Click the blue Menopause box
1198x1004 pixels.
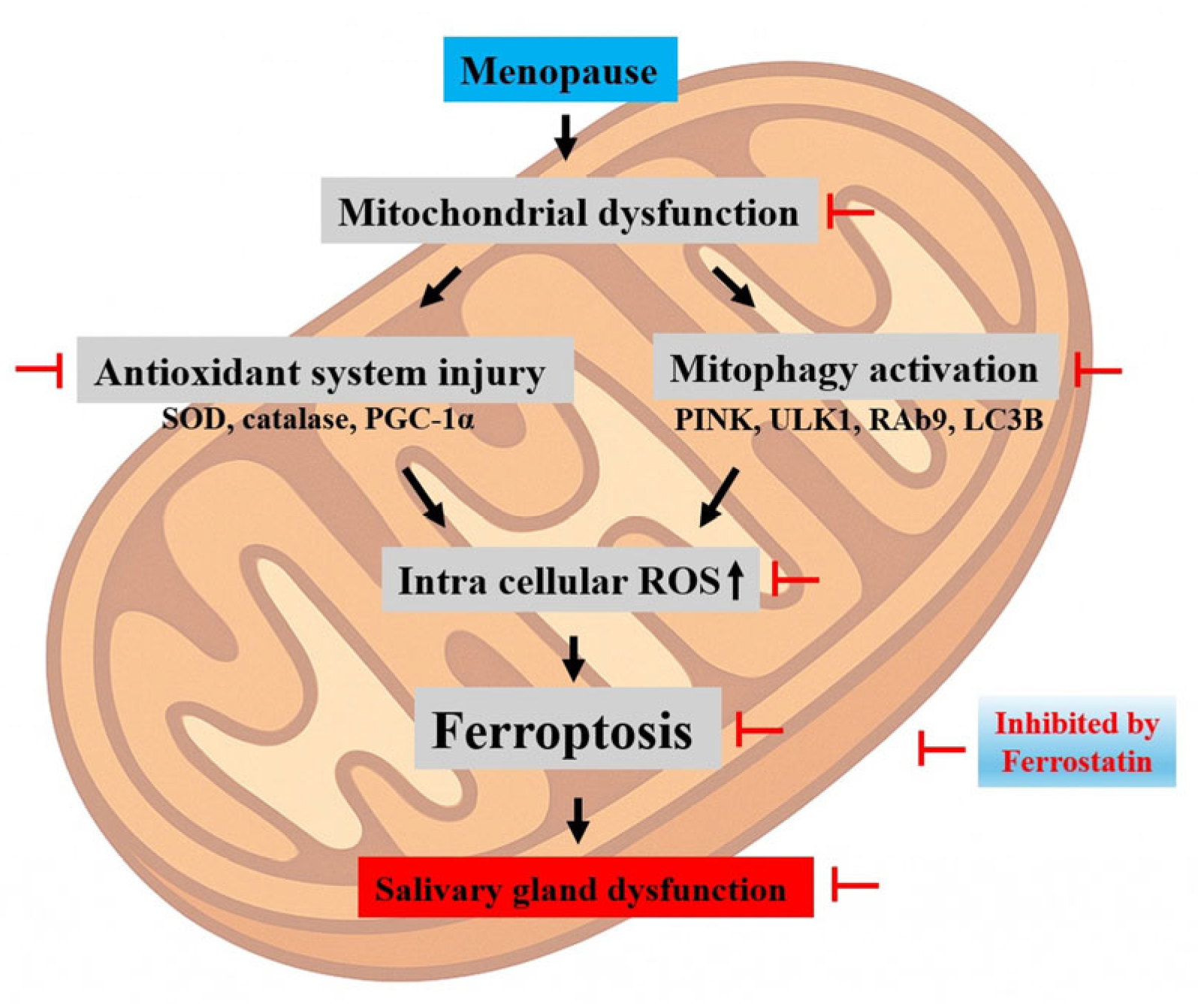[x=560, y=70]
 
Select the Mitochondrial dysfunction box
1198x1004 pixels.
[x=569, y=211]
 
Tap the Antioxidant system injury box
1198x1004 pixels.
[x=324, y=370]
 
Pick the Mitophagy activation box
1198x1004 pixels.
[x=854, y=367]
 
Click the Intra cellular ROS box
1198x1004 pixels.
[x=570, y=580]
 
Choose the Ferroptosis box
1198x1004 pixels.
[x=567, y=728]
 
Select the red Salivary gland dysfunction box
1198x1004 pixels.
[x=585, y=888]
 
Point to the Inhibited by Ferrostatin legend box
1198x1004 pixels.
[x=1076, y=742]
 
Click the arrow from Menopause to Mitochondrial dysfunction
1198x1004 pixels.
[x=566, y=136]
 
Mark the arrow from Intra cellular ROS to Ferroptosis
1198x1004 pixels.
[x=574, y=658]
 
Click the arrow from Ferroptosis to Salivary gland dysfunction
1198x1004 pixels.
[x=577, y=819]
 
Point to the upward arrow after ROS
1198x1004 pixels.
[x=735, y=582]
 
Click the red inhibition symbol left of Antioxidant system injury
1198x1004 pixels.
[x=41, y=369]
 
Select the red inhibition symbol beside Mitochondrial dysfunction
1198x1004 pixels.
[x=849, y=212]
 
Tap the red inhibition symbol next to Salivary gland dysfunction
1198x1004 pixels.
[x=855, y=885]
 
